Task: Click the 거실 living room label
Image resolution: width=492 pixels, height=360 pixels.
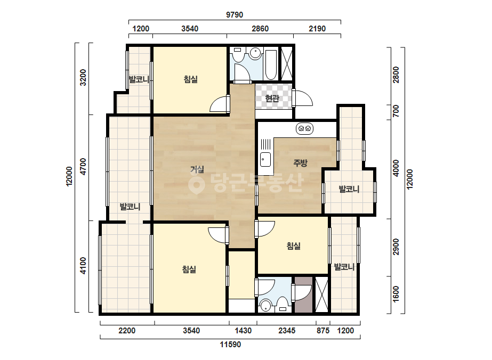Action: click(197, 170)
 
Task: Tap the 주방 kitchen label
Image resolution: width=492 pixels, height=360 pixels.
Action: click(300, 163)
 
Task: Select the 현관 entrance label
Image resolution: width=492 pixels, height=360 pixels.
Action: click(272, 99)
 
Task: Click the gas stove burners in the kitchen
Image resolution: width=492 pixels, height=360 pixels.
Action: click(305, 128)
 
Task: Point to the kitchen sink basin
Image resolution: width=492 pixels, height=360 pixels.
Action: click(265, 159)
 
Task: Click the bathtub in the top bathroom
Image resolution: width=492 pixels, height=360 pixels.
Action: click(271, 65)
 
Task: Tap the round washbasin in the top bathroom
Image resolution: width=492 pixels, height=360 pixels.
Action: click(256, 53)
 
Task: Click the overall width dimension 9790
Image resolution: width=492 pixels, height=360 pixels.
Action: click(235, 15)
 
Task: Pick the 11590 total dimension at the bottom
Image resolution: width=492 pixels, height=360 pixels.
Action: click(230, 345)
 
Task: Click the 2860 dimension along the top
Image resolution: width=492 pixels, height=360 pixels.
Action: click(260, 29)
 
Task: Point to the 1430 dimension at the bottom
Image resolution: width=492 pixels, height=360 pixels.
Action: click(243, 331)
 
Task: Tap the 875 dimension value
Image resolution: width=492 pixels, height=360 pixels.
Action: click(323, 331)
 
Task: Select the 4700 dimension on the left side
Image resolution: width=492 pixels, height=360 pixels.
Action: click(83, 167)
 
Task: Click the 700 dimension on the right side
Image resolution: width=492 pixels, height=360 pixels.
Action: click(396, 111)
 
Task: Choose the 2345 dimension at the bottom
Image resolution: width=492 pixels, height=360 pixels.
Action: click(287, 331)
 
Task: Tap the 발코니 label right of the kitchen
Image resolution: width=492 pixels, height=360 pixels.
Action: click(349, 189)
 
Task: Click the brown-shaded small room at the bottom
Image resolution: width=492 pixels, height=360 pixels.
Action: click(304, 294)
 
